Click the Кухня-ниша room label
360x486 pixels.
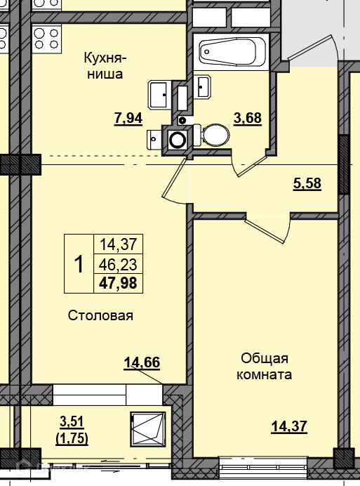(x=105, y=66)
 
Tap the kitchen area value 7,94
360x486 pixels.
(x=128, y=119)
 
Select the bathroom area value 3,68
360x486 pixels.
(x=248, y=119)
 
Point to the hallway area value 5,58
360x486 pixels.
(x=307, y=183)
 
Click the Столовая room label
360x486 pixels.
(x=100, y=315)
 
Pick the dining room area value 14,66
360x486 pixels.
(x=142, y=362)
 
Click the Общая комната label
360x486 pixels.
(x=265, y=367)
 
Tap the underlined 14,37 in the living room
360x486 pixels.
(x=289, y=426)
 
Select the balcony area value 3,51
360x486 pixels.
(x=72, y=422)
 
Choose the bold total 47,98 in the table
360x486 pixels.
(x=118, y=283)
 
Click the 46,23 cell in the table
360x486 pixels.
(x=118, y=265)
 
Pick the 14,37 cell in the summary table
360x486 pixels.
(x=118, y=244)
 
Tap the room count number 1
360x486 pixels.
(x=79, y=264)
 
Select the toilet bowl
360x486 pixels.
(x=213, y=135)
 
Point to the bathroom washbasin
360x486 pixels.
(x=203, y=86)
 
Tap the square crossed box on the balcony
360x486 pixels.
(x=148, y=428)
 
